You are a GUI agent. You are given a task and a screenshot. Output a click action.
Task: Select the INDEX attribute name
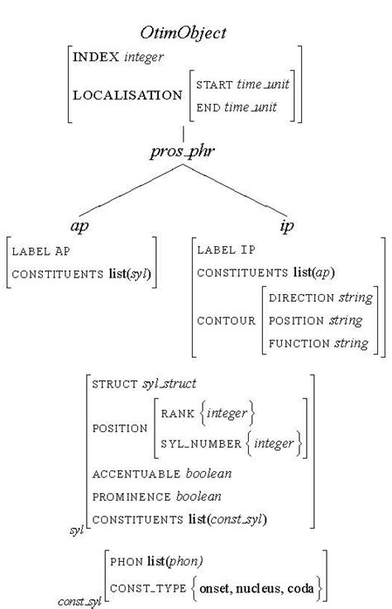(x=95, y=57)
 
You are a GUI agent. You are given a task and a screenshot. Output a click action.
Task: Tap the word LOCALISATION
(x=127, y=95)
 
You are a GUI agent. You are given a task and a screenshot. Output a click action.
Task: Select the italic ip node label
(x=286, y=226)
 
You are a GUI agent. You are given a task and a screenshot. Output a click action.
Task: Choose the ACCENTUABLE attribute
(x=133, y=474)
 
